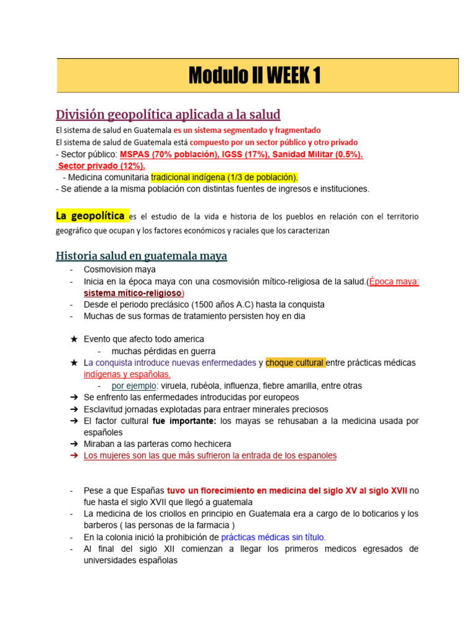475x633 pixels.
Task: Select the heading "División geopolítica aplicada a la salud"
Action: (168, 114)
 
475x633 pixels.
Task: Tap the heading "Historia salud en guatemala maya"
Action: (141, 255)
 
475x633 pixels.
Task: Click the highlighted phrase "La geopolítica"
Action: (90, 216)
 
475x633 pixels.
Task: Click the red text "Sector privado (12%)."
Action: (101, 166)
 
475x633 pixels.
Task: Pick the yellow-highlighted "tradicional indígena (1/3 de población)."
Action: (224, 177)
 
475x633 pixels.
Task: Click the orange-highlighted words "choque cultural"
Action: (294, 362)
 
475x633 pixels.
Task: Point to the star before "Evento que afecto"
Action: (74, 339)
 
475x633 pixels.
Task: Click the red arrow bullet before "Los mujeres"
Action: (74, 456)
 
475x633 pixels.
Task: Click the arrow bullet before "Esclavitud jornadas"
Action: (74, 409)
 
